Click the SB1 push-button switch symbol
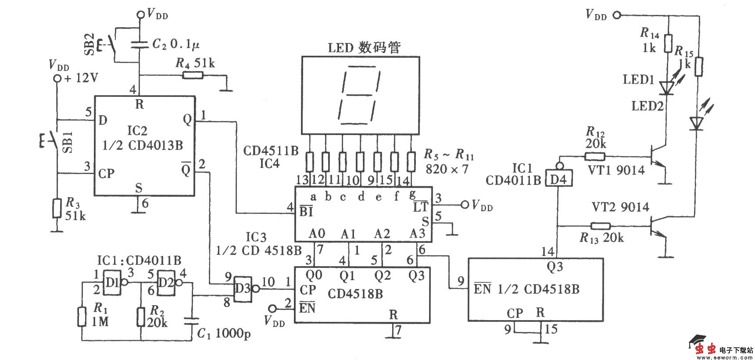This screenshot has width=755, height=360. click(x=53, y=141)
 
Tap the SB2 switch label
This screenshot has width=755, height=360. click(x=89, y=43)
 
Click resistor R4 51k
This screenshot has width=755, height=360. click(x=193, y=75)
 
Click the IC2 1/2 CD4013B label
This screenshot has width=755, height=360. click(x=143, y=138)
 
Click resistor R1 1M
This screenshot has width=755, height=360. click(x=82, y=317)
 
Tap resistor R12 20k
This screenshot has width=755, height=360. click(x=594, y=156)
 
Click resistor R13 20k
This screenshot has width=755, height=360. click(x=600, y=226)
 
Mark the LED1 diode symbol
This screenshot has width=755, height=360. click(x=667, y=89)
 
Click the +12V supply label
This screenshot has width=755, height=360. click(x=81, y=78)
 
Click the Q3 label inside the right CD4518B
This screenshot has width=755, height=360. click(x=555, y=267)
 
